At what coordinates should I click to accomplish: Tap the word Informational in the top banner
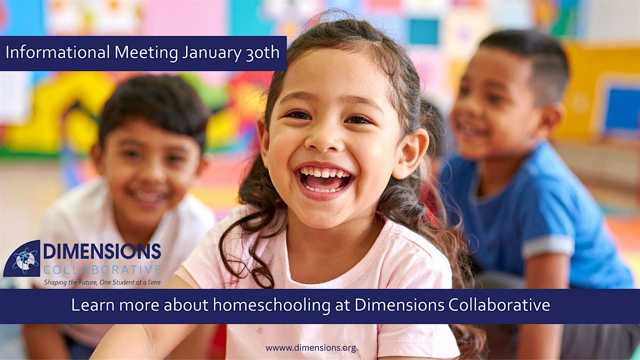pos(58,53)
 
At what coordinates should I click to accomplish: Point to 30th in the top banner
pos(262,53)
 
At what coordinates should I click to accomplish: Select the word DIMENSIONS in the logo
pos(102,251)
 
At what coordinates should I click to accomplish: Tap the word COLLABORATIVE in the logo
pos(102,270)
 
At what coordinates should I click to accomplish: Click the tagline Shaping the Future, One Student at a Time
pos(102,283)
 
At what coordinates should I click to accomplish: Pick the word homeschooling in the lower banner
pos(271,306)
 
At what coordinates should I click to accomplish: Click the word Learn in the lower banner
pos(93,305)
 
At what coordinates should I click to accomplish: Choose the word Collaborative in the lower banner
pos(499,305)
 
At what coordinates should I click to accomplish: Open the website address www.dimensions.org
pos(311,348)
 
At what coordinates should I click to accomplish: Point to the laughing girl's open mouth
pos(325,180)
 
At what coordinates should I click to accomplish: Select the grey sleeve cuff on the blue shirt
pos(547,246)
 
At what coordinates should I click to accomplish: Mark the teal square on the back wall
pos(423,31)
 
